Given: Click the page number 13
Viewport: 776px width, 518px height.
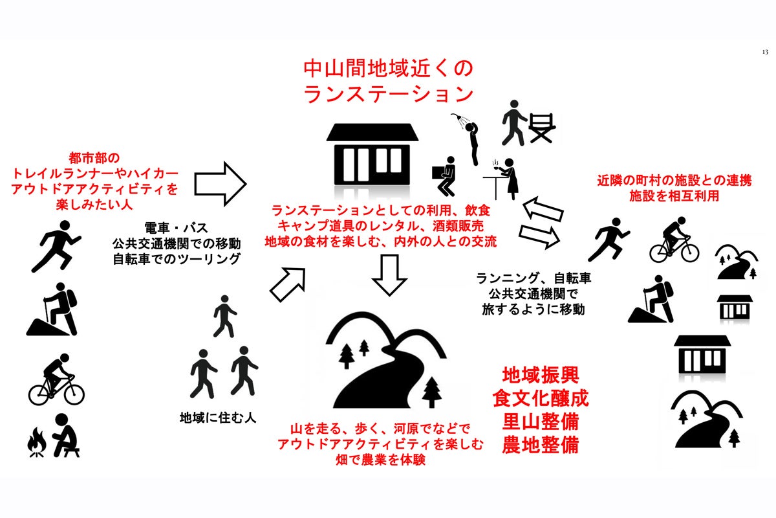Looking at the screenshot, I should click(764, 51).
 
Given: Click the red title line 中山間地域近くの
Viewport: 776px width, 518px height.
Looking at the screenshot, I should click(388, 68).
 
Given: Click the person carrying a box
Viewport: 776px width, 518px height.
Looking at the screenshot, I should click(445, 177).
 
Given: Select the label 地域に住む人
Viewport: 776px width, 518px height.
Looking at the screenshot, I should click(218, 418).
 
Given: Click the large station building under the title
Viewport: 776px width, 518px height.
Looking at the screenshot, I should click(372, 156).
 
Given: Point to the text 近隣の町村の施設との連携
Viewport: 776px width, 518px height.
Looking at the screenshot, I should click(674, 182).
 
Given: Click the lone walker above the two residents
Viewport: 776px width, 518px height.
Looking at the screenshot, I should click(224, 316).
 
